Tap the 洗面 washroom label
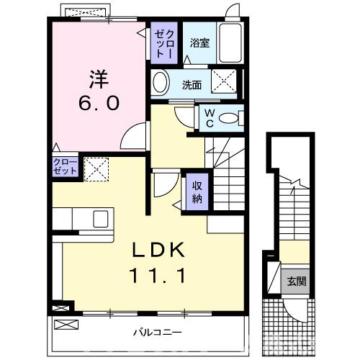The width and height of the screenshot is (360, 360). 191,84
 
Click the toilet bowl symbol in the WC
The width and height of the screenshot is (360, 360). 229,119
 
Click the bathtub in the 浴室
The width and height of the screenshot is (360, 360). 230,43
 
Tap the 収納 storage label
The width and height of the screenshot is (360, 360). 197,191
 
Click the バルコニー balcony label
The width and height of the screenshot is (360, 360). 156,333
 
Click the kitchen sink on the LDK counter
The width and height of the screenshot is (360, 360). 100,218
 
